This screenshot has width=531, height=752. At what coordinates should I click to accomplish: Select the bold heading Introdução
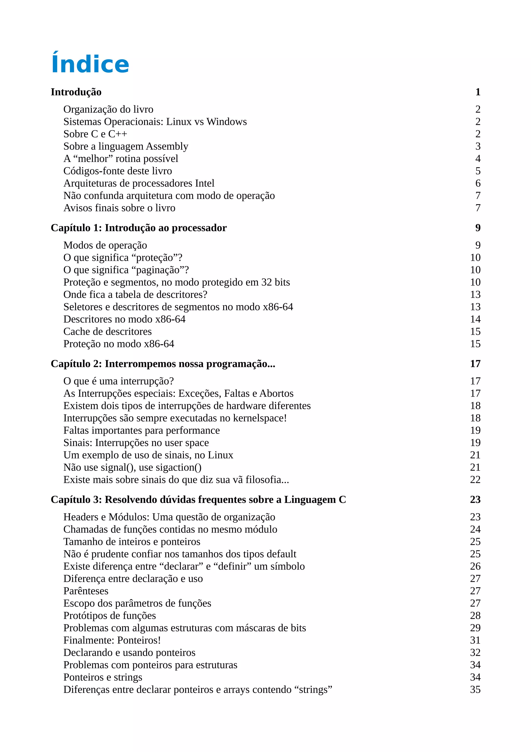76,92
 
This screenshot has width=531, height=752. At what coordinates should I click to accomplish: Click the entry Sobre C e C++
95,134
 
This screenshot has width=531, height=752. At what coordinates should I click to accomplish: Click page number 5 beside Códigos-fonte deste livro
478,171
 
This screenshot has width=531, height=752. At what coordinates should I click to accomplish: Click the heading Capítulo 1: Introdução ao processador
138,228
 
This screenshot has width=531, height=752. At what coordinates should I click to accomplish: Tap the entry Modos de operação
105,245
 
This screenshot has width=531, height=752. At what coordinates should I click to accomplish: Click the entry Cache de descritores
107,331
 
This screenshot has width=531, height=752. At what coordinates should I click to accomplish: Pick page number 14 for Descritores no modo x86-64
475,319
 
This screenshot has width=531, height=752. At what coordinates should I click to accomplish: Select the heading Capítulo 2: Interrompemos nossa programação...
163,364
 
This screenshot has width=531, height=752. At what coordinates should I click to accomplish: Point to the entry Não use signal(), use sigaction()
132,468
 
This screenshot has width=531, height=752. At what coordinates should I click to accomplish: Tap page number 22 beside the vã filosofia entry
475,480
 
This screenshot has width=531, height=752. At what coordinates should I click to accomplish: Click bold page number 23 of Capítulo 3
475,500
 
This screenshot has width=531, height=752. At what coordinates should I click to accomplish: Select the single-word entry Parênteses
86,591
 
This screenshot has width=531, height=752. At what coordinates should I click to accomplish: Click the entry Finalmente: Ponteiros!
112,640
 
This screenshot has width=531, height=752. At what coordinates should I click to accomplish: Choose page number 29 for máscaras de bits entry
475,628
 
